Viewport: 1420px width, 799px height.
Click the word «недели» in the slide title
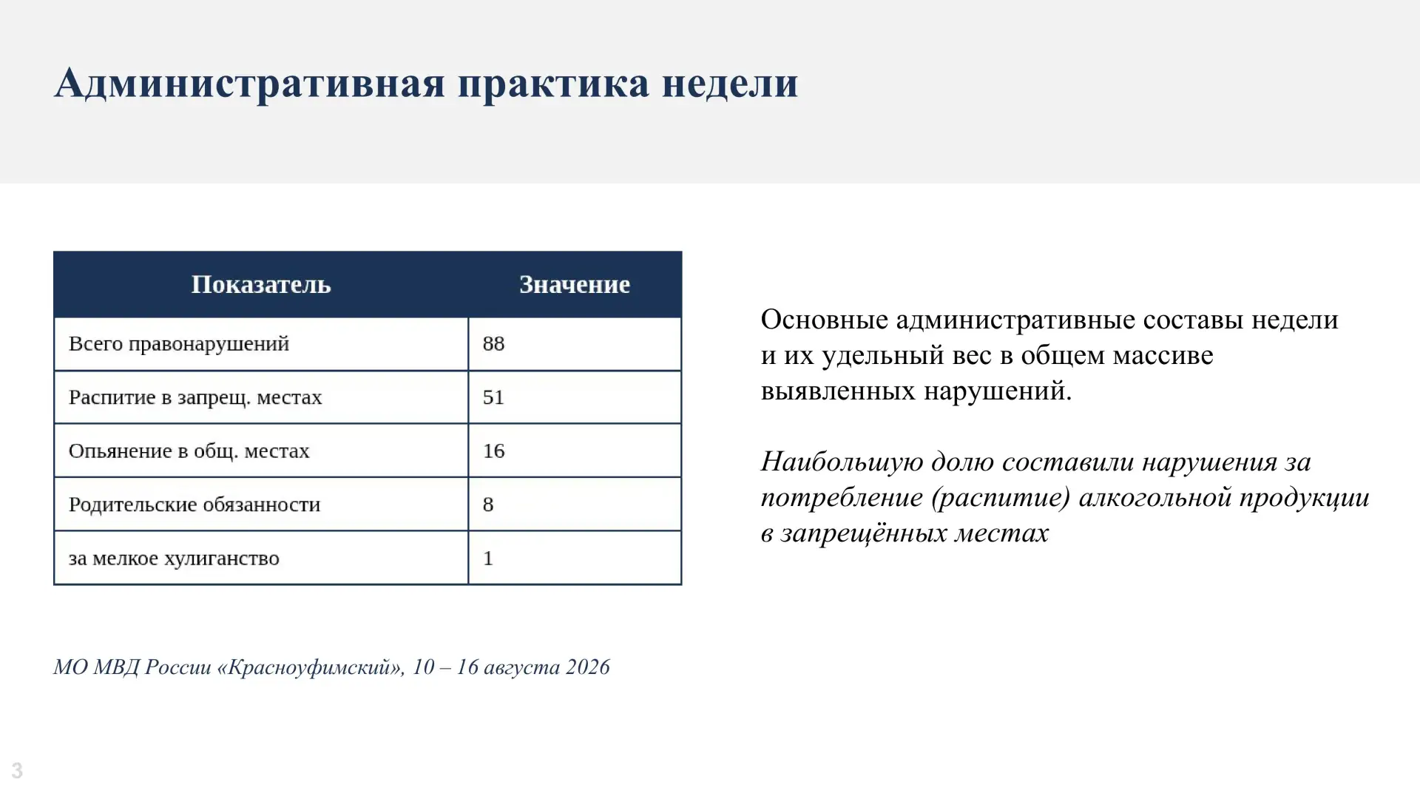point(730,82)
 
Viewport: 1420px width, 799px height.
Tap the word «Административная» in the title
point(249,84)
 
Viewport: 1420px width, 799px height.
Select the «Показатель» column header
point(261,285)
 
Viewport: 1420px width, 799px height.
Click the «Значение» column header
point(575,285)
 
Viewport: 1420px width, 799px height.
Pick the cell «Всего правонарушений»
point(179,344)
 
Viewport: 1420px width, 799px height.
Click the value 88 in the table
point(493,344)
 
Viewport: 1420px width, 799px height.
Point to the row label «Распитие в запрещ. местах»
point(195,398)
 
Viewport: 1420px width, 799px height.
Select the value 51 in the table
point(493,397)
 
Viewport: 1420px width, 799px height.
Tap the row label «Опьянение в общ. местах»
point(189,451)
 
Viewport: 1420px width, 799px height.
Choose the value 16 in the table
point(493,451)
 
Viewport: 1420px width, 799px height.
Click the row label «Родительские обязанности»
point(195,505)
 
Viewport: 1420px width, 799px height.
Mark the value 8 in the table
point(488,505)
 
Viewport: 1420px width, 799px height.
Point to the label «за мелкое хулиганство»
point(174,559)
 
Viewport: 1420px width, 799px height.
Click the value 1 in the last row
point(488,559)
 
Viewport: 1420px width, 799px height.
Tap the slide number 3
point(17,770)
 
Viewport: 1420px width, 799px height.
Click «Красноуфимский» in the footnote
point(310,667)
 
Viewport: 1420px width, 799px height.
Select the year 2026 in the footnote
point(588,667)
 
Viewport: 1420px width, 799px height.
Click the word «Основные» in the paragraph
point(824,320)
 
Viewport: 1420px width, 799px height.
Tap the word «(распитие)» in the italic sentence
point(1001,498)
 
